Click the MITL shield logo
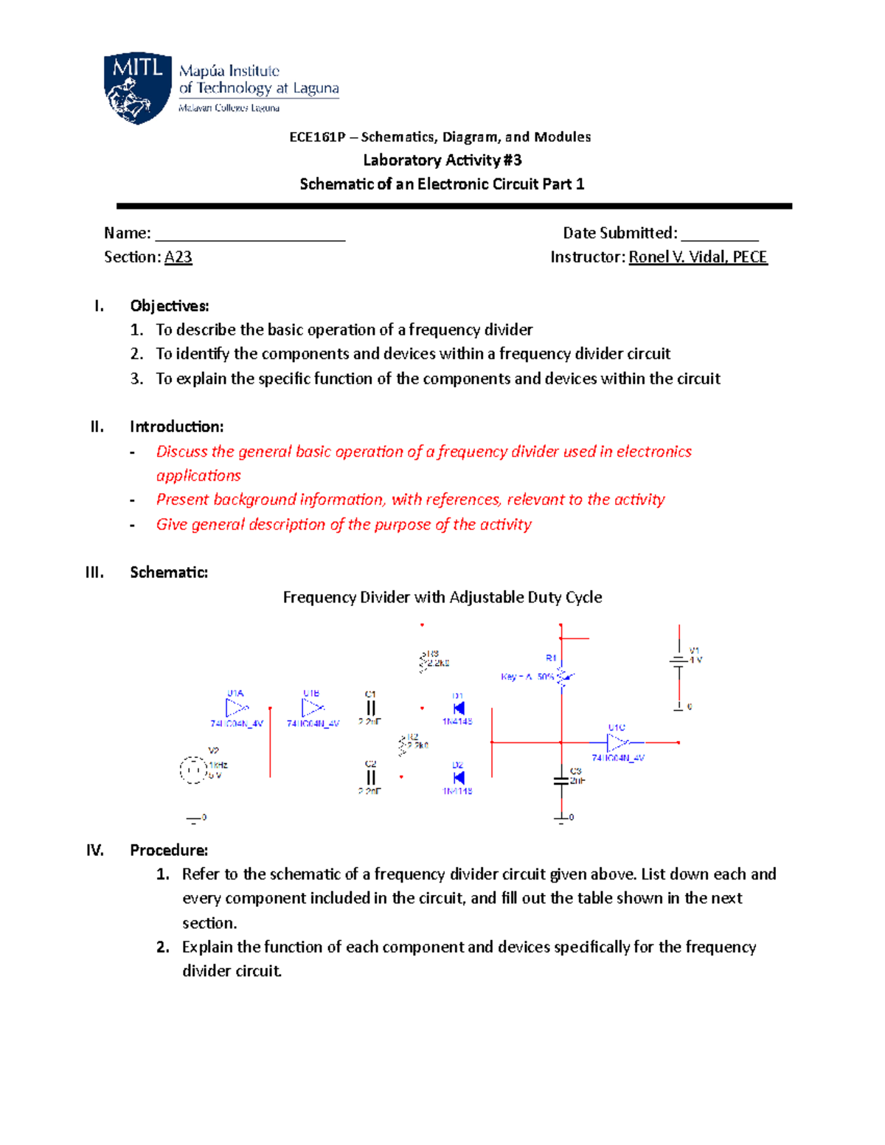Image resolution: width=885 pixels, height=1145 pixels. (x=138, y=88)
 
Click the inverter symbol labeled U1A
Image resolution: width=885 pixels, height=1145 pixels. (x=237, y=709)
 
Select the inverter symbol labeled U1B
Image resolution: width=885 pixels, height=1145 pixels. (x=313, y=708)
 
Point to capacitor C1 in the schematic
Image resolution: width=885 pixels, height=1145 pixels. (x=371, y=709)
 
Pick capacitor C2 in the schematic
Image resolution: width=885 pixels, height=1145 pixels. (x=371, y=777)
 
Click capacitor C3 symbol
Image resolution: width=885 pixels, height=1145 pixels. (x=561, y=781)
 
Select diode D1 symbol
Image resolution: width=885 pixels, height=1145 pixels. (x=459, y=709)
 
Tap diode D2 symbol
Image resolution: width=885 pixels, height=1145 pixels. (x=459, y=778)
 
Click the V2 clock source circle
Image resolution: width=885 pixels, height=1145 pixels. (x=193, y=770)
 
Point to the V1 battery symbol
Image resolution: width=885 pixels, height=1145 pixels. (x=678, y=661)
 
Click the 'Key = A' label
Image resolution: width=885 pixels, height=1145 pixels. (x=516, y=677)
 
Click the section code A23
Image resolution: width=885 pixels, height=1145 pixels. (x=178, y=257)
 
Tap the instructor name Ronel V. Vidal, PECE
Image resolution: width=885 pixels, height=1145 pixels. (x=698, y=257)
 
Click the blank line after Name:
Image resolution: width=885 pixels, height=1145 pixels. (x=250, y=234)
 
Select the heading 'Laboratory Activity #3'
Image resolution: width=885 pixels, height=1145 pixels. (x=442, y=160)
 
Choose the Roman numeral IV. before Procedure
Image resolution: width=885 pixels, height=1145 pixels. (x=95, y=850)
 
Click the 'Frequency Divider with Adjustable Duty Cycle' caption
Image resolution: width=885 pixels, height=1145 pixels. (x=442, y=597)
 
